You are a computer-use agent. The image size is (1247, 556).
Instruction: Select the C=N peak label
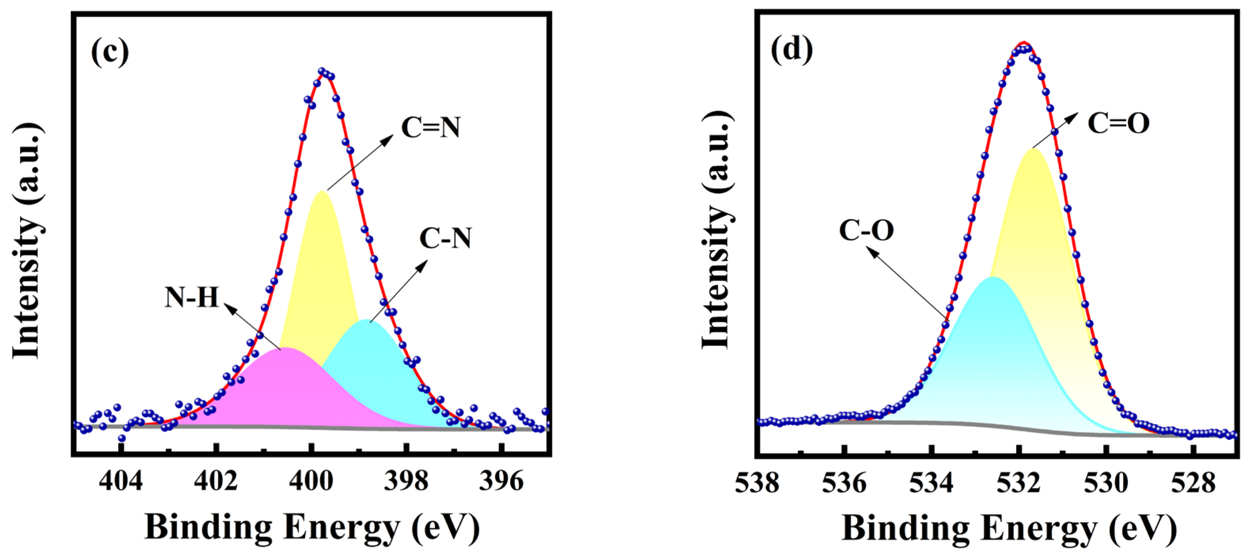pos(430,128)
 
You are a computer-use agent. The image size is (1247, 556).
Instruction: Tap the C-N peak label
pos(445,238)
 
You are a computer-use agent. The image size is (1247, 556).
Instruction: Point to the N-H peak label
pos(192,297)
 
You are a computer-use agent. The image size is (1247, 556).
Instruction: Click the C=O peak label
pos(1118,123)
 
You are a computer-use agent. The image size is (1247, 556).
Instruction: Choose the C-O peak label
pos(866,230)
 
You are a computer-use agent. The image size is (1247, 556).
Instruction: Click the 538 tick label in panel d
pos(757,482)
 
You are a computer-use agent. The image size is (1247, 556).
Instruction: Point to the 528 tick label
pos(1193,482)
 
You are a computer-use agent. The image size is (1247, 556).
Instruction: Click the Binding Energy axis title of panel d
pos(1009,528)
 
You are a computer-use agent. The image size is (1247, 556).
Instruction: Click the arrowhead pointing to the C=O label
pos(1074,116)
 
